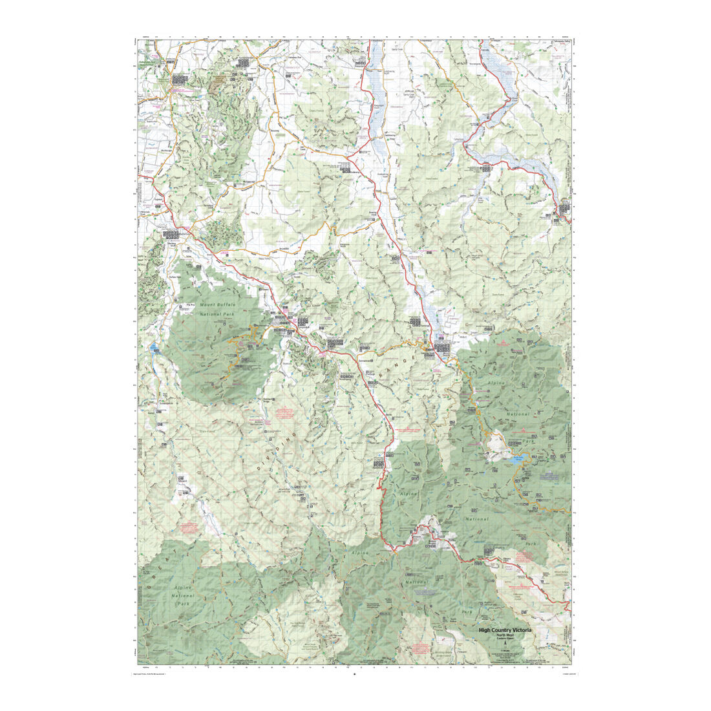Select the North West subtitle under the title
pyautogui.click(x=505, y=635)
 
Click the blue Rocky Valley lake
pyautogui.click(x=518, y=460)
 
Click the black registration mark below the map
pyautogui.click(x=354, y=675)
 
